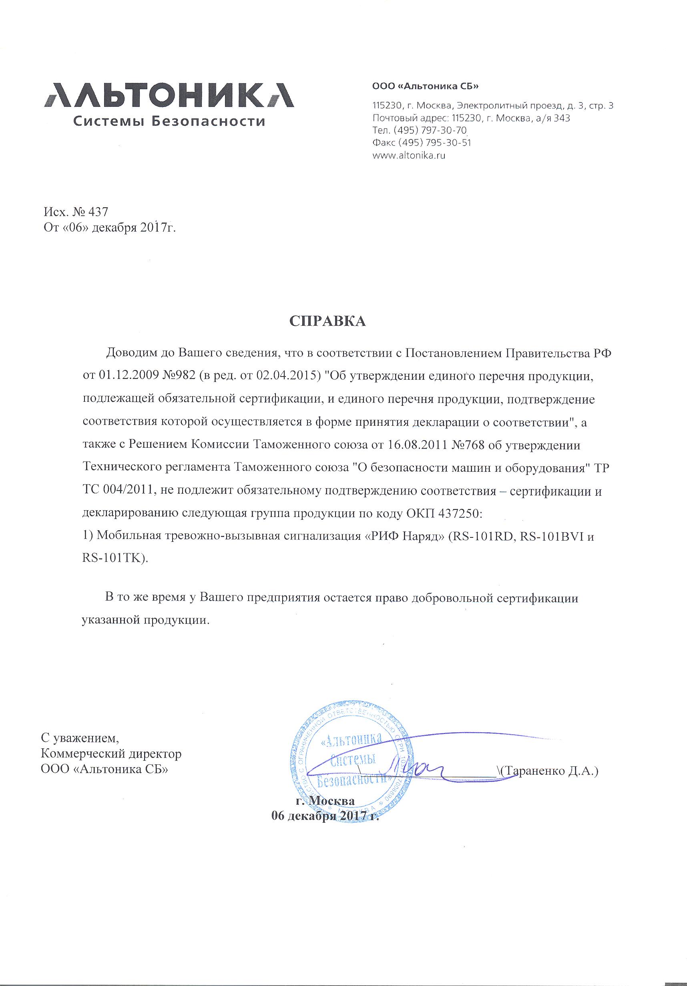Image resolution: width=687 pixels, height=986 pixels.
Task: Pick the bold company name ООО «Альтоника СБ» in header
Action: point(425,87)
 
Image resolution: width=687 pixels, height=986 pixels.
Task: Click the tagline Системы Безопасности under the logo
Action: point(168,122)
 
